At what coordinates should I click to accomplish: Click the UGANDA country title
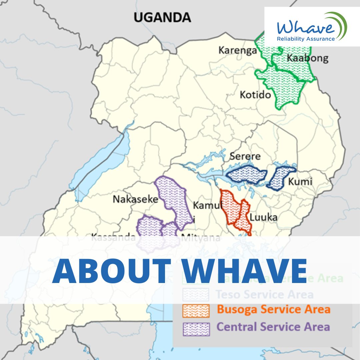point(162,17)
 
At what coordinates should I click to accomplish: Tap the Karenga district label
point(238,50)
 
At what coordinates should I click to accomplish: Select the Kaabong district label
point(307,58)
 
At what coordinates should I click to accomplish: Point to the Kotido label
point(255,95)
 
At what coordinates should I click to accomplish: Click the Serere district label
point(245,157)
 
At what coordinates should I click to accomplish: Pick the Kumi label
point(300,182)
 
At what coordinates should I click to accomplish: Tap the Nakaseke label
point(135,199)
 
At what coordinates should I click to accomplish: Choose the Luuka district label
point(263,217)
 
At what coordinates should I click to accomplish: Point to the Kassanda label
point(113,238)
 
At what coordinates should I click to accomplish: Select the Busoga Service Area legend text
point(273,309)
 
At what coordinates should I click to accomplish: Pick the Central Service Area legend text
point(273,327)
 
